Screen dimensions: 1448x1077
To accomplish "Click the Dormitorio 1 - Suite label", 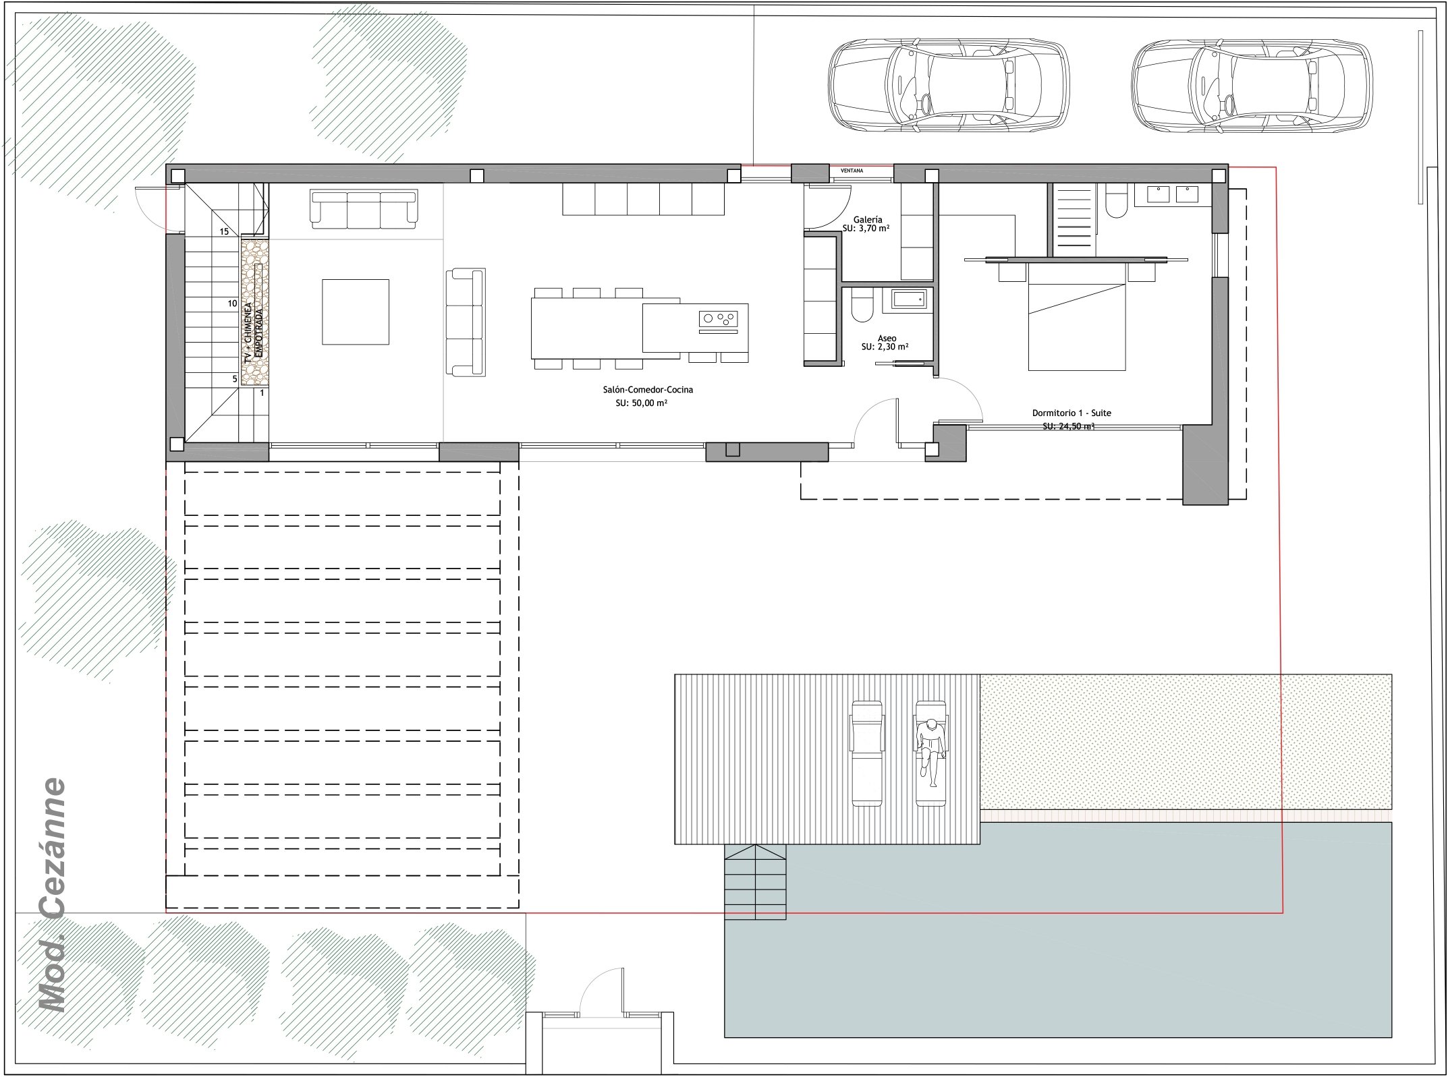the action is point(1071,413).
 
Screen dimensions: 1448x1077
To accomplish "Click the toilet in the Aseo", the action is point(862,306).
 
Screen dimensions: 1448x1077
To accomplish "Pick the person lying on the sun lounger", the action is point(930,752).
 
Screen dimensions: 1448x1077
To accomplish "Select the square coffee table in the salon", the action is point(356,312).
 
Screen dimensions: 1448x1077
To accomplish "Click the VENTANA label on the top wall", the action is point(852,171).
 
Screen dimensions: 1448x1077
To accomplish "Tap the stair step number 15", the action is point(225,231).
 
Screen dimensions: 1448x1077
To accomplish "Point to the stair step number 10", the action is point(232,303).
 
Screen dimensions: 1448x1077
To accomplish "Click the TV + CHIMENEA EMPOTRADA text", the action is point(253,333).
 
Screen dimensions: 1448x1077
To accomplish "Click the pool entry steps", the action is point(755,882).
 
